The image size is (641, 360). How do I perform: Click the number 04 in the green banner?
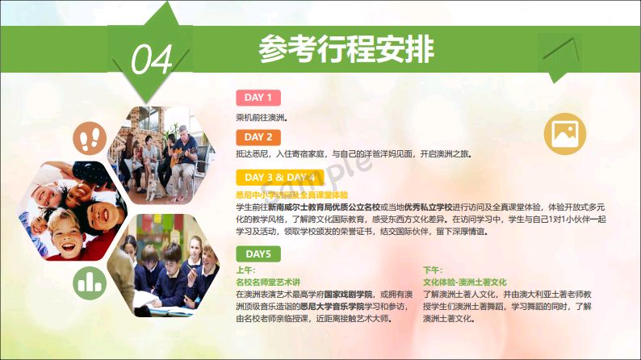pyautogui.click(x=152, y=60)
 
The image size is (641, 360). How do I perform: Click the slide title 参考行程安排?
pyautogui.click(x=346, y=49)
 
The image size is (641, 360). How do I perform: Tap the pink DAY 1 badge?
pyautogui.click(x=258, y=98)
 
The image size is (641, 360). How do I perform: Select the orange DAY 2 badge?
pyautogui.click(x=258, y=137)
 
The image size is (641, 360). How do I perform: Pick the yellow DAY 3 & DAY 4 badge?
pyautogui.click(x=279, y=178)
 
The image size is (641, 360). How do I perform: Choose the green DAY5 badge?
pyautogui.click(x=258, y=253)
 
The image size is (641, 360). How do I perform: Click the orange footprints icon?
pyautogui.click(x=90, y=139)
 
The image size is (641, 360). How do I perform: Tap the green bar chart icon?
pyautogui.click(x=90, y=283)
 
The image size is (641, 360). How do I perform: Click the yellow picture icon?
pyautogui.click(x=565, y=134)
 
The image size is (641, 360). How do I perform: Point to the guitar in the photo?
pyautogui.click(x=182, y=156)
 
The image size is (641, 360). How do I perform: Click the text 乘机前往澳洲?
pyautogui.click(x=262, y=118)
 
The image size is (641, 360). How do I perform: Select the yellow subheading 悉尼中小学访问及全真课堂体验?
pyautogui.click(x=292, y=195)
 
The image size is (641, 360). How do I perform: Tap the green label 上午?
pyautogui.click(x=245, y=270)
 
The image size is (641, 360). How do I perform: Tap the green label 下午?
pyautogui.click(x=433, y=270)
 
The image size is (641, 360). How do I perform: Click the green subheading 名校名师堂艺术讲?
pyautogui.click(x=268, y=282)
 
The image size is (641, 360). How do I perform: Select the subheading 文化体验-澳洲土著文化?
pyautogui.click(x=465, y=282)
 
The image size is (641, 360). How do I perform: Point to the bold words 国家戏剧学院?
pyautogui.click(x=348, y=294)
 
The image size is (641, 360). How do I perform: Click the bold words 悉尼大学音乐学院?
pyautogui.click(x=332, y=307)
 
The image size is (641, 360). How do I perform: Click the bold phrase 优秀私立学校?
pyautogui.click(x=428, y=207)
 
